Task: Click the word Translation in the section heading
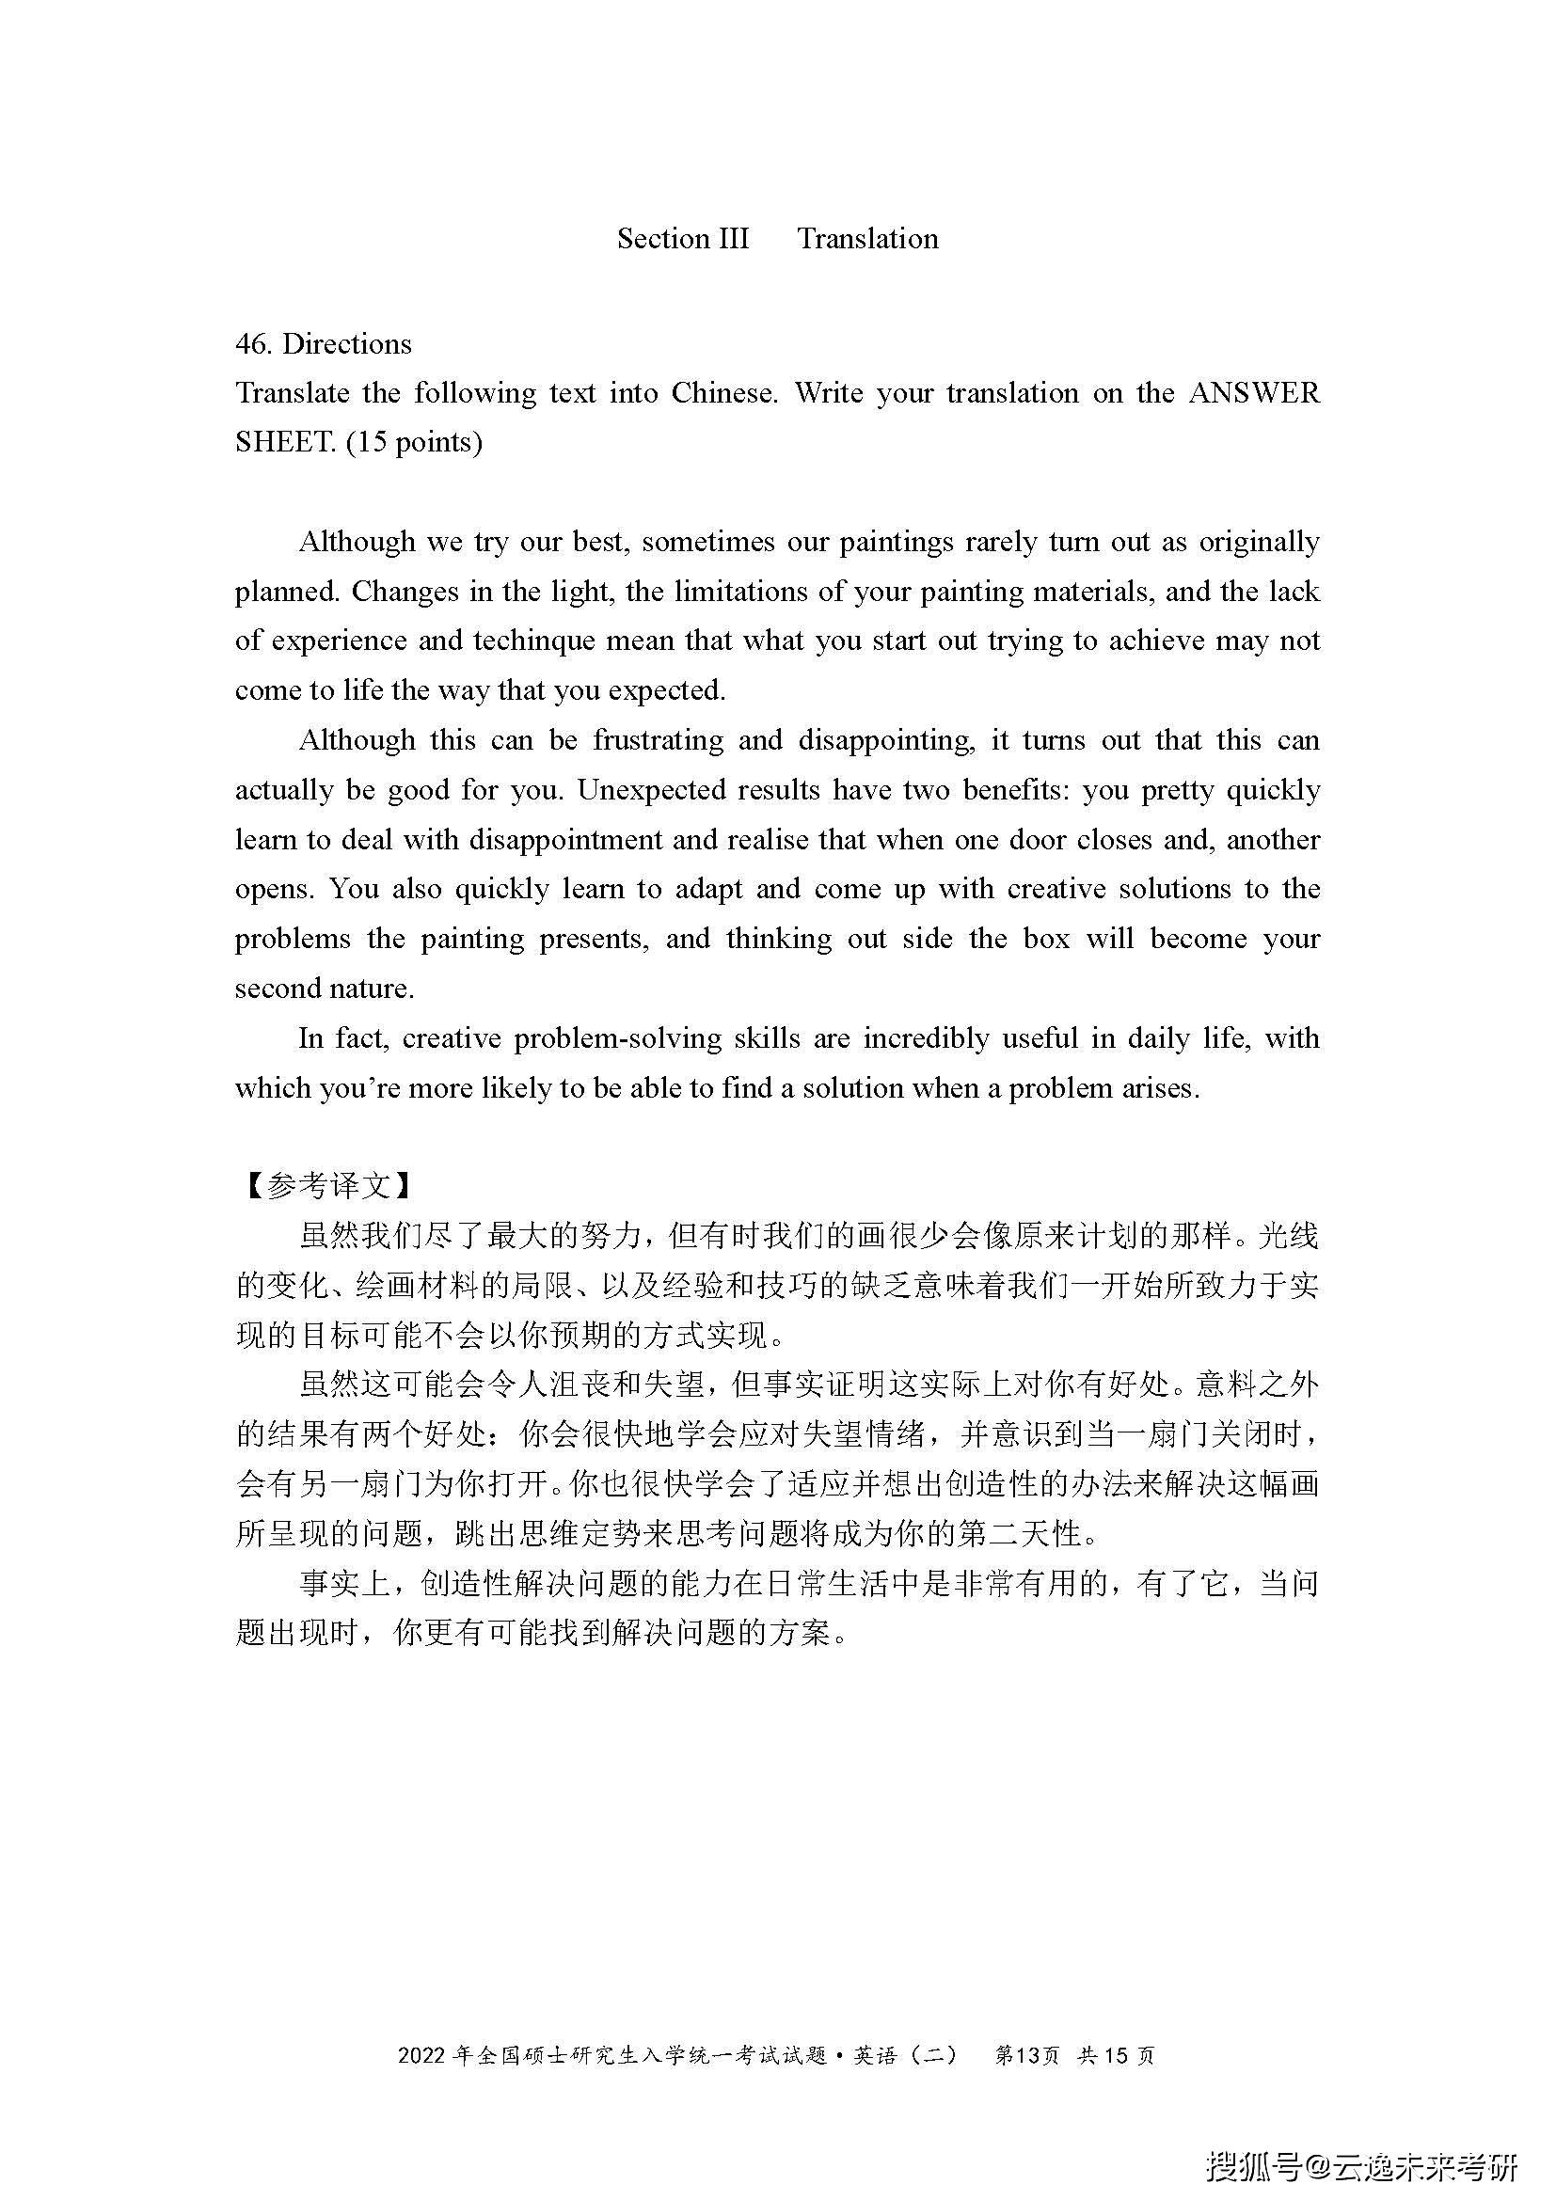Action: click(867, 239)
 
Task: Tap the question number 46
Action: click(253, 344)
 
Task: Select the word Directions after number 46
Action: click(347, 344)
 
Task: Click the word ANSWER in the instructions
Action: click(1254, 394)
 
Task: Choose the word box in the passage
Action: click(1046, 939)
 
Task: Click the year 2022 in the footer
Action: click(421, 2056)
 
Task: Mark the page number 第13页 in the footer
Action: click(1027, 2056)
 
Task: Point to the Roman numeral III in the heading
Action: click(730, 239)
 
